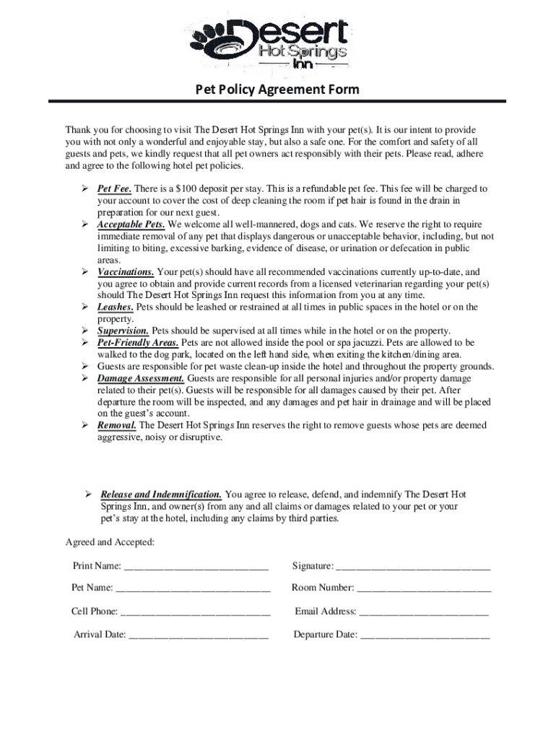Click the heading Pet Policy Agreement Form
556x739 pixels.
point(278,90)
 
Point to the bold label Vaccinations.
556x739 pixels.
point(126,272)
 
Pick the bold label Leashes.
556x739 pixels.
point(116,307)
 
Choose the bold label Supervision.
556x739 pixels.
point(123,331)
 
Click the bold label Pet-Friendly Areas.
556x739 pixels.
point(139,342)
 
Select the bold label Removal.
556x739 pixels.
point(115,425)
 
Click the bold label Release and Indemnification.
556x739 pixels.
point(162,494)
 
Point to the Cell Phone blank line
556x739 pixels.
point(195,613)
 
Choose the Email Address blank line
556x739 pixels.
point(424,613)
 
